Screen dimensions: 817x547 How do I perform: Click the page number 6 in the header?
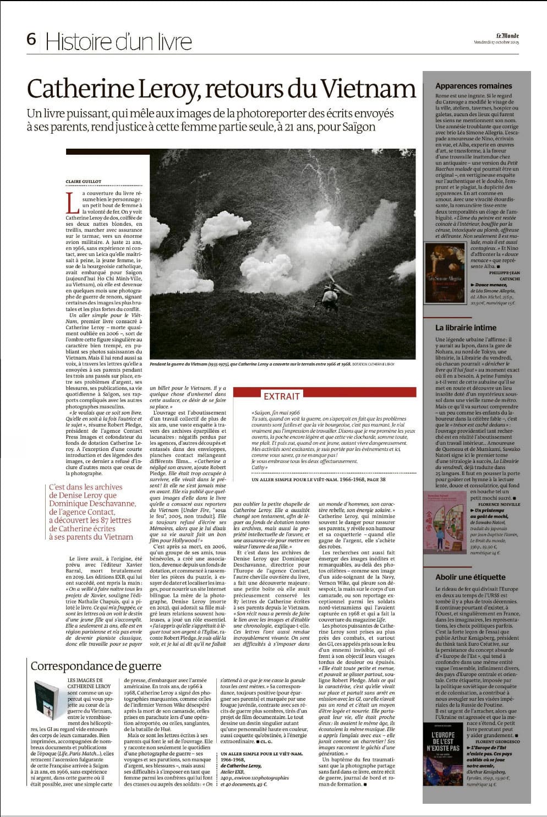tap(31, 40)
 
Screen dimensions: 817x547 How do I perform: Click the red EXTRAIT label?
tap(281, 396)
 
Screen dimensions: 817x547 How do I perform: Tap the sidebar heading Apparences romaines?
tap(473, 86)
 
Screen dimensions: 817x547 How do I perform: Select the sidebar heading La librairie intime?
tap(466, 328)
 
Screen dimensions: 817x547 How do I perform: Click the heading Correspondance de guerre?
tap(96, 666)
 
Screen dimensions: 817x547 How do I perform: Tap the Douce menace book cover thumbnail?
tap(445, 273)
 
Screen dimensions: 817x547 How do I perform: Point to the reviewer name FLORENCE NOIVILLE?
tap(499, 504)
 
